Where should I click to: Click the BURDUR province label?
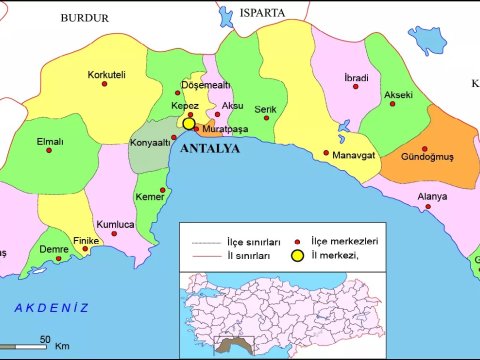[83, 17]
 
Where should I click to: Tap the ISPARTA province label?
[263, 13]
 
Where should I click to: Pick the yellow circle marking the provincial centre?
[189, 125]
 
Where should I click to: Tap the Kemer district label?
[150, 196]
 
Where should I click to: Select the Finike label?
[87, 241]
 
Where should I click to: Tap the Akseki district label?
[399, 95]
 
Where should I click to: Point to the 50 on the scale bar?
[45, 338]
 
